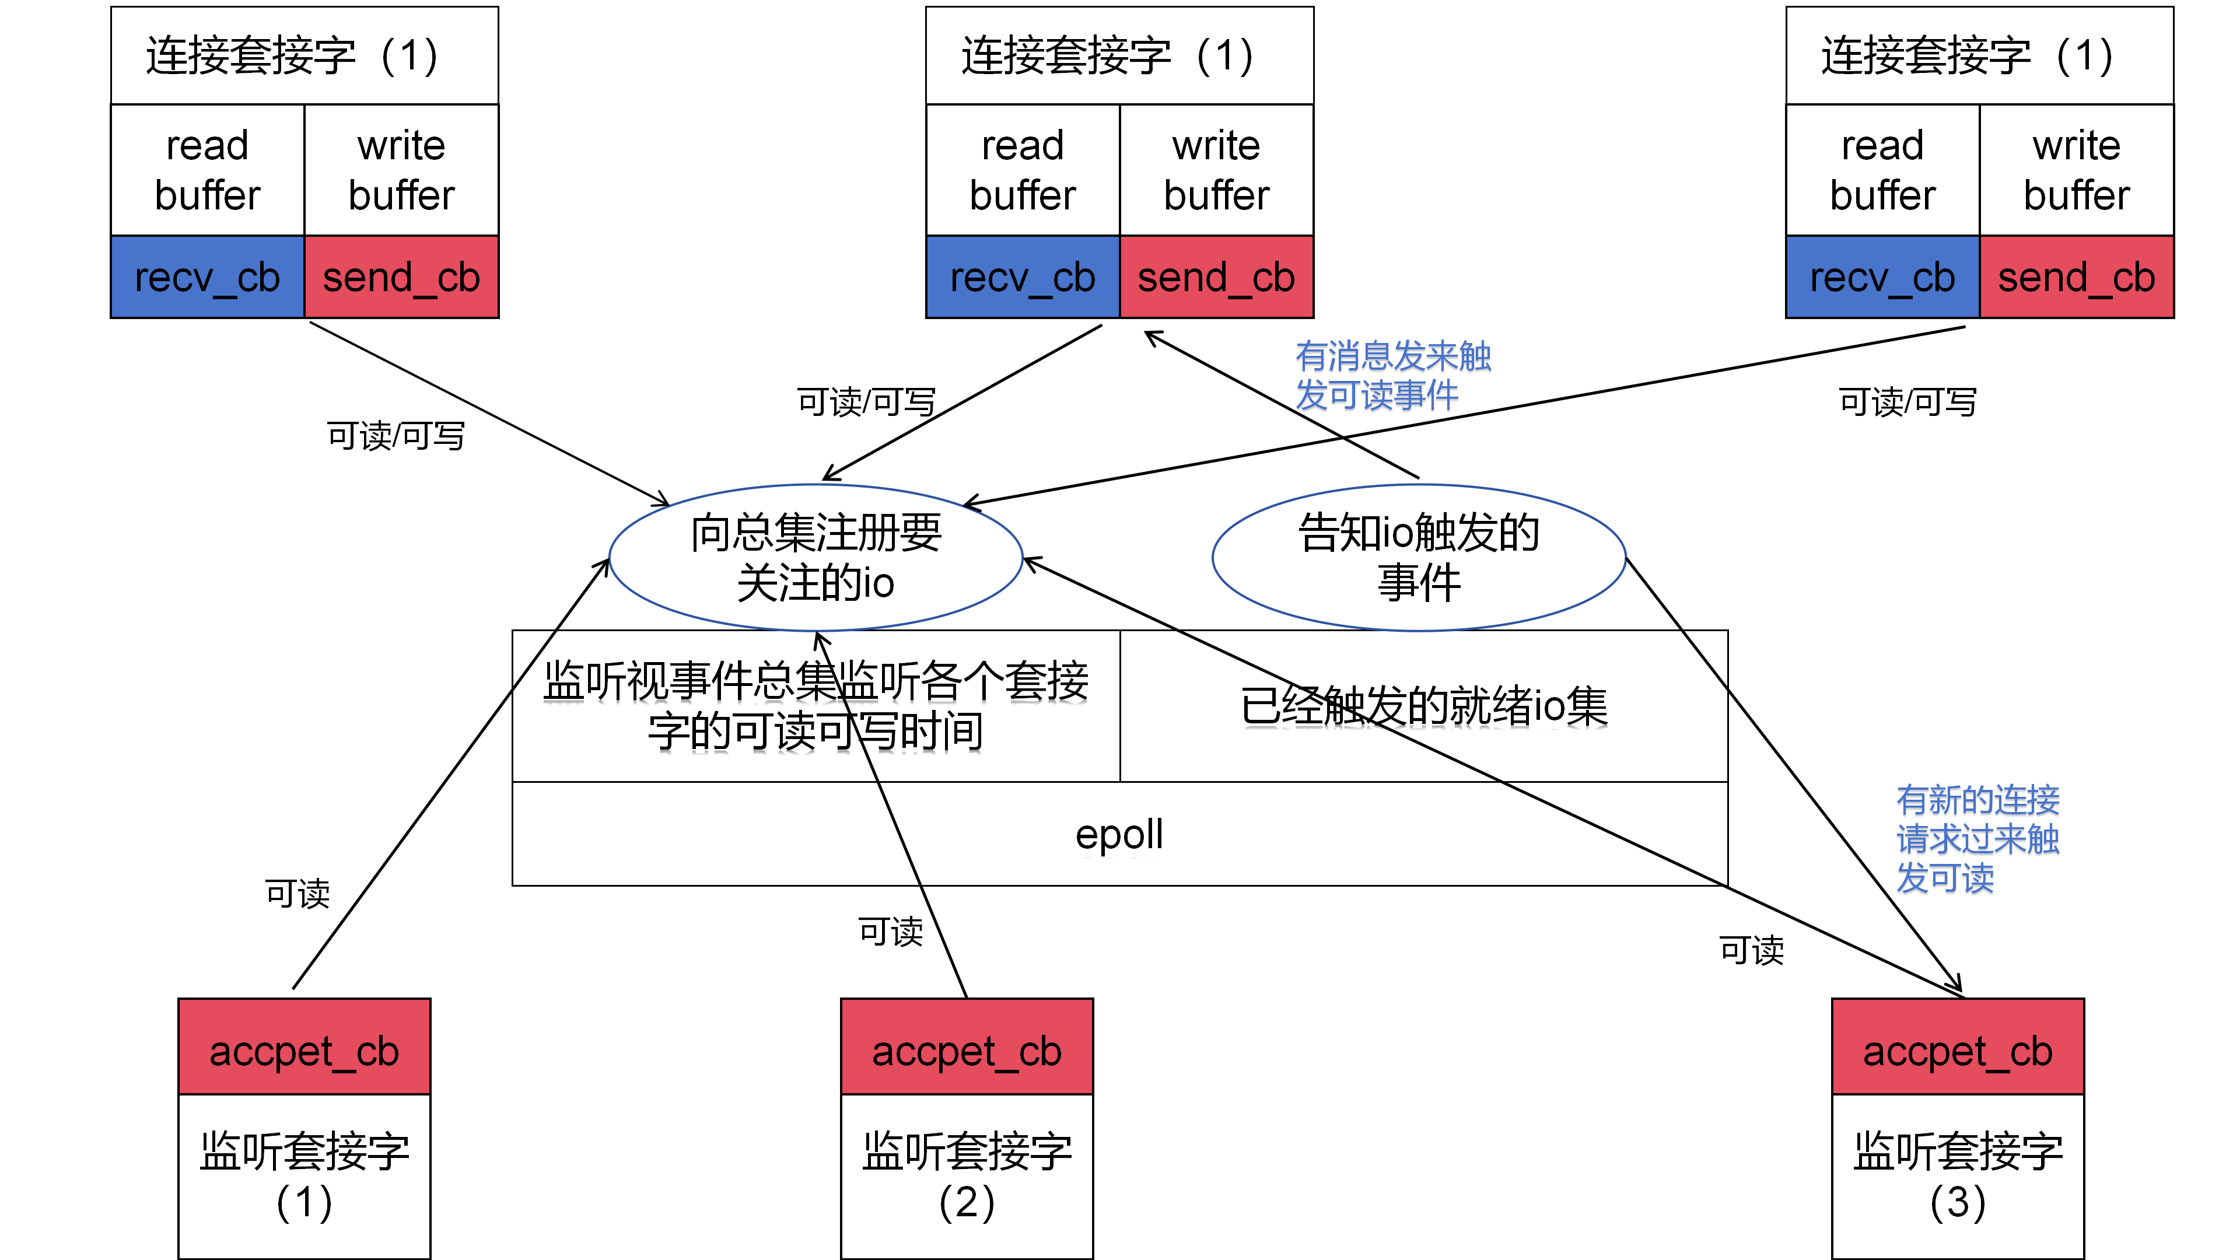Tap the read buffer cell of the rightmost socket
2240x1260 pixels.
[x=1882, y=170]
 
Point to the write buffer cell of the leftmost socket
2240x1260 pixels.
[x=401, y=170]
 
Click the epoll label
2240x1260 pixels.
[x=1119, y=834]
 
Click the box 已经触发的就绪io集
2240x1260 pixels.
[x=1423, y=705]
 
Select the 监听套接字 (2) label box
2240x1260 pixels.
[x=966, y=1175]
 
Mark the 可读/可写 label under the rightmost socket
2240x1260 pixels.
[x=1907, y=402]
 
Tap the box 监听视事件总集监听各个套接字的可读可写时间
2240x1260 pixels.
[x=815, y=705]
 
